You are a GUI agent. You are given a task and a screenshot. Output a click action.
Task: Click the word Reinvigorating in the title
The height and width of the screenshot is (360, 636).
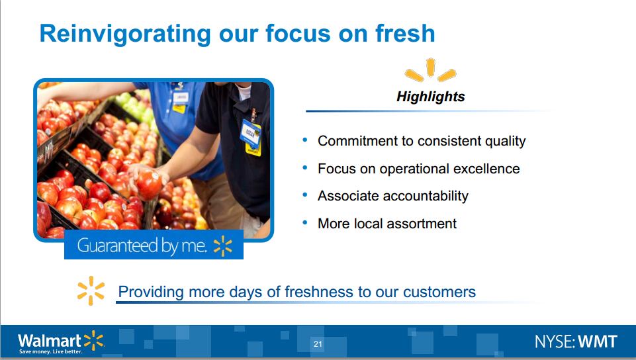125,34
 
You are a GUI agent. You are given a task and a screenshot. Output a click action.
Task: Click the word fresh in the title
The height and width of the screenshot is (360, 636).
405,33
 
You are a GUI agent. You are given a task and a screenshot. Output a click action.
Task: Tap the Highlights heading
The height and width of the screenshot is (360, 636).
430,97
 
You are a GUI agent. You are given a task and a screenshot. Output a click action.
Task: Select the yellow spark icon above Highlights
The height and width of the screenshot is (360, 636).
430,69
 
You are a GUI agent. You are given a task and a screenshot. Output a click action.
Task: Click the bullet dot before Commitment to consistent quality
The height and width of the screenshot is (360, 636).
305,140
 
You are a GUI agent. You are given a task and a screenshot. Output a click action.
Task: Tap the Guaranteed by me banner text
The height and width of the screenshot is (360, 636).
142,246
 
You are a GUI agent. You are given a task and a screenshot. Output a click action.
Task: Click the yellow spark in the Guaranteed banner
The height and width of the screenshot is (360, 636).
222,246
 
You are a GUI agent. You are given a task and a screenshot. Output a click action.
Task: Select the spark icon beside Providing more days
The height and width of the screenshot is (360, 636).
91,291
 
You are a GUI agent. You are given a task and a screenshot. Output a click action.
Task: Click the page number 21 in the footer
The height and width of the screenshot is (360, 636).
318,344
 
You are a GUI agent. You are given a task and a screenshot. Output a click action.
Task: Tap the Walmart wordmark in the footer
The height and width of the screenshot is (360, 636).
50,339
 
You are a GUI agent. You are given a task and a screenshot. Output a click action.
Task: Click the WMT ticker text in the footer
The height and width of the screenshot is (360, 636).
598,341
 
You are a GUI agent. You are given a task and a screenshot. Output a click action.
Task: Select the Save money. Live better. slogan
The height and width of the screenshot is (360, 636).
51,351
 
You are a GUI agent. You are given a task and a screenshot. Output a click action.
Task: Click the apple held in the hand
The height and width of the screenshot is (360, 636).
148,185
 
